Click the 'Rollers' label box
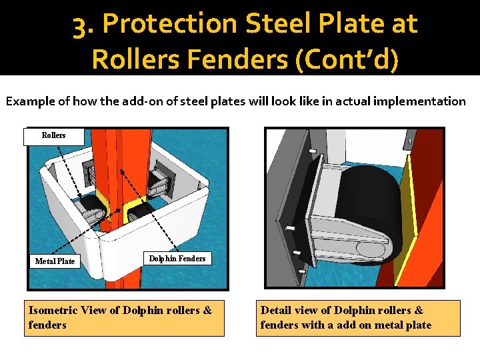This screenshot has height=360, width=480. click(x=54, y=136)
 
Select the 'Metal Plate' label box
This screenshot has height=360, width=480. click(x=55, y=261)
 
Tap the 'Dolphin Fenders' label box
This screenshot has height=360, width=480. click(x=177, y=259)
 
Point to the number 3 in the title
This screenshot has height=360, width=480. click(x=81, y=24)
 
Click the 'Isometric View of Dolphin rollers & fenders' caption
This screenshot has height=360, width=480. click(x=124, y=317)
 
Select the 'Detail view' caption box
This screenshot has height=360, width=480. click(x=358, y=317)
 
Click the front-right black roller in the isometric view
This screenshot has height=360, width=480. click(x=142, y=212)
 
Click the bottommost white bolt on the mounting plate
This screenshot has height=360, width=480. click(x=302, y=271)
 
